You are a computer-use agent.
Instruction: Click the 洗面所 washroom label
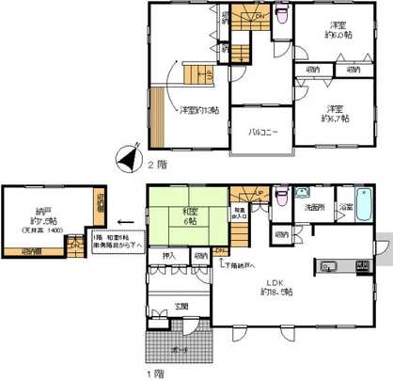point(315,206)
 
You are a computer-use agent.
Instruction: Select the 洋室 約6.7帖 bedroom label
point(335,113)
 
